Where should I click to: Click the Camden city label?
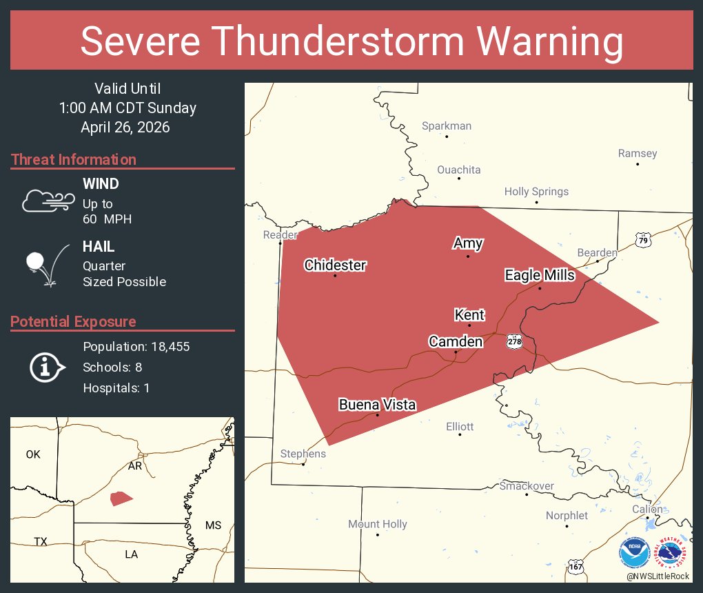456,341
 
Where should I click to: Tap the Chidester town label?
335,265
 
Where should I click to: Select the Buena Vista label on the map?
377,405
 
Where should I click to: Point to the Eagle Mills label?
540,275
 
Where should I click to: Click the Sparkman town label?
447,125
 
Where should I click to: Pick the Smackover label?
527,485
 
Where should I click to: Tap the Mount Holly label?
377,524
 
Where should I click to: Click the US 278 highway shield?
513,341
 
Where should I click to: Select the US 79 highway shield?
643,240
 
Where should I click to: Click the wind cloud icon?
48,200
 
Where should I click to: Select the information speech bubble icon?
47,367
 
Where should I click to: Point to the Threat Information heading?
74,159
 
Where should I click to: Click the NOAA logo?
634,553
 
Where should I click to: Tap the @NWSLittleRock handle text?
658,576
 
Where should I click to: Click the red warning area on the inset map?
121,498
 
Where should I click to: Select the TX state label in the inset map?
41,541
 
